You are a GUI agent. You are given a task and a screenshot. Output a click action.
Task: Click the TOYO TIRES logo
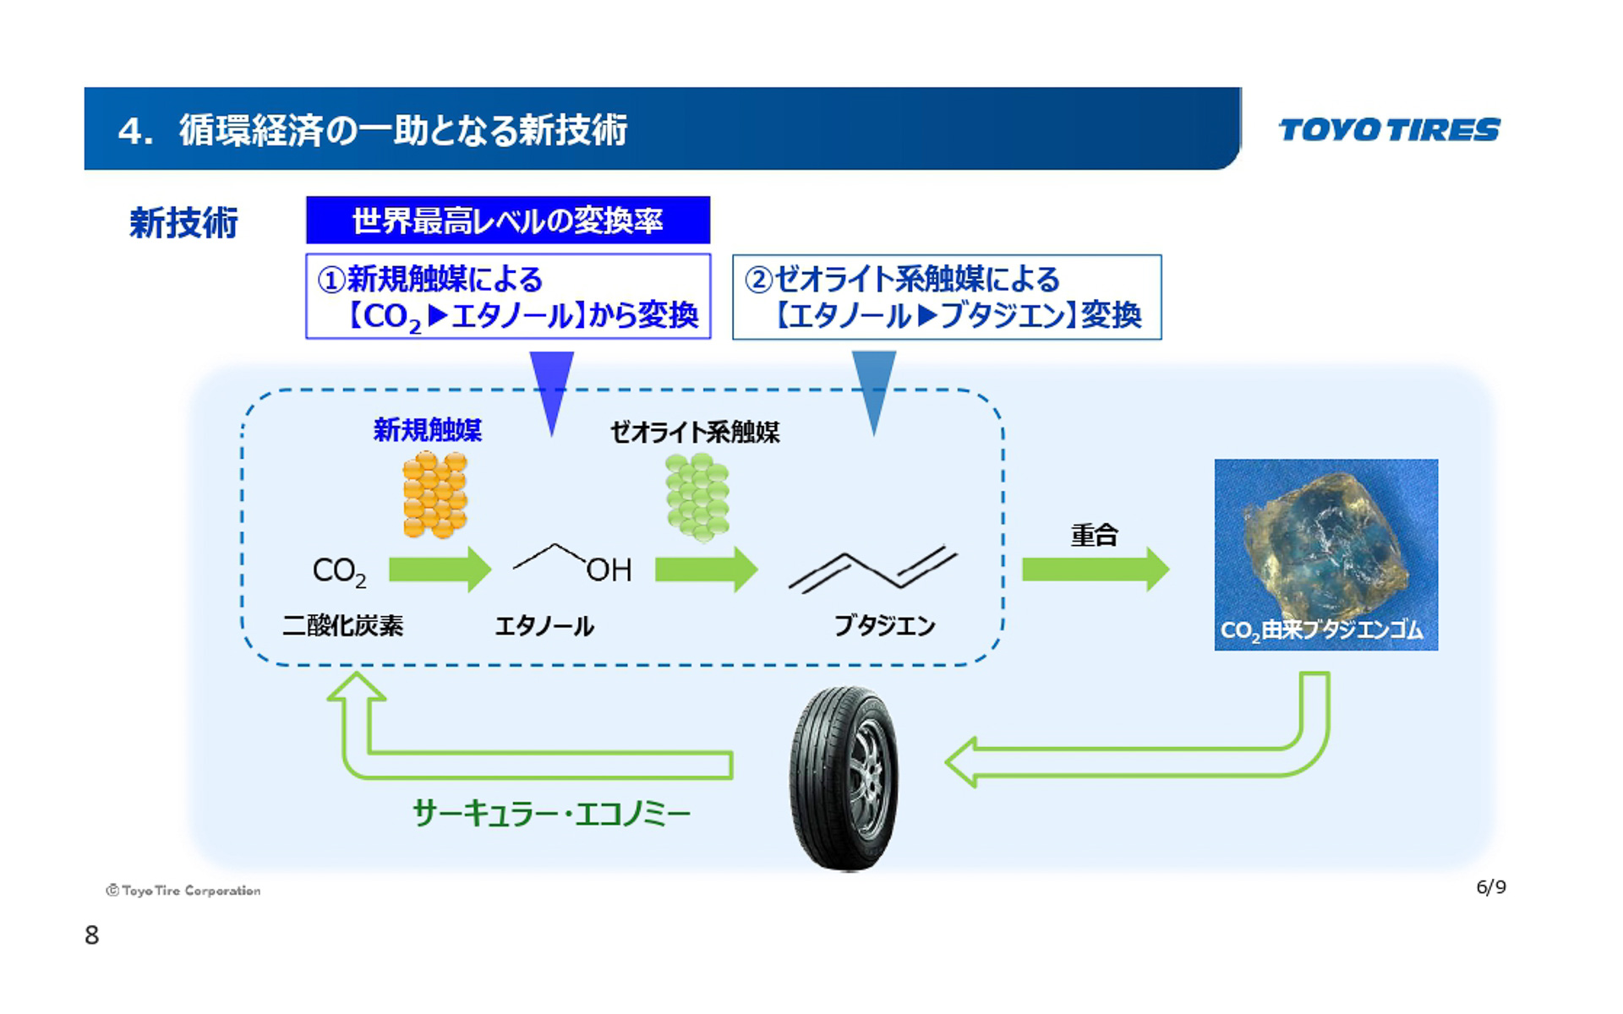(1389, 129)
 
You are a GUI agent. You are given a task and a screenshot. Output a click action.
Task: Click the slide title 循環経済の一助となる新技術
(402, 130)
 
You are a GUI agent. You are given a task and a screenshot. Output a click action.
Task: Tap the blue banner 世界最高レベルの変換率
(507, 221)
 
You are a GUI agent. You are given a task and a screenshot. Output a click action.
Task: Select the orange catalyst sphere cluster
(434, 495)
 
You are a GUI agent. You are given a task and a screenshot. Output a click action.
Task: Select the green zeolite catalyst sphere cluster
(697, 497)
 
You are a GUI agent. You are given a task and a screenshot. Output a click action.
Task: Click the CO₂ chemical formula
(339, 571)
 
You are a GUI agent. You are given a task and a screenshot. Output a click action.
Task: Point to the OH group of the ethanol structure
(609, 570)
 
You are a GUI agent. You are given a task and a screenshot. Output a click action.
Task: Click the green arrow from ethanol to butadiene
(706, 569)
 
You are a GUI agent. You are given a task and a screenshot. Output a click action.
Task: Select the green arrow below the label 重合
(1095, 569)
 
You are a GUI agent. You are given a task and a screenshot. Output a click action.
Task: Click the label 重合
(1094, 535)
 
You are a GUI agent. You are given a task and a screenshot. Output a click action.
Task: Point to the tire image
(844, 777)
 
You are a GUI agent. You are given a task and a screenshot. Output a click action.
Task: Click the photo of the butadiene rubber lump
(1325, 553)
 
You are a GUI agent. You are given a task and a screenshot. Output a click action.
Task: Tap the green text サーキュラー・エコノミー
(551, 813)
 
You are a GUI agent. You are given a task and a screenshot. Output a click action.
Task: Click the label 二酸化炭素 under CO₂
(342, 625)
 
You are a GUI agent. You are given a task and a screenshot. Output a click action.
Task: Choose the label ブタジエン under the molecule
(884, 625)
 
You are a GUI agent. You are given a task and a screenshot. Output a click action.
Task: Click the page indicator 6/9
(1490, 886)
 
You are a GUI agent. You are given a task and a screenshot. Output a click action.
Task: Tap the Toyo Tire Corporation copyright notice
(183, 891)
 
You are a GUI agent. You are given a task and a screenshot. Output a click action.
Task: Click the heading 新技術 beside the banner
(183, 223)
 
